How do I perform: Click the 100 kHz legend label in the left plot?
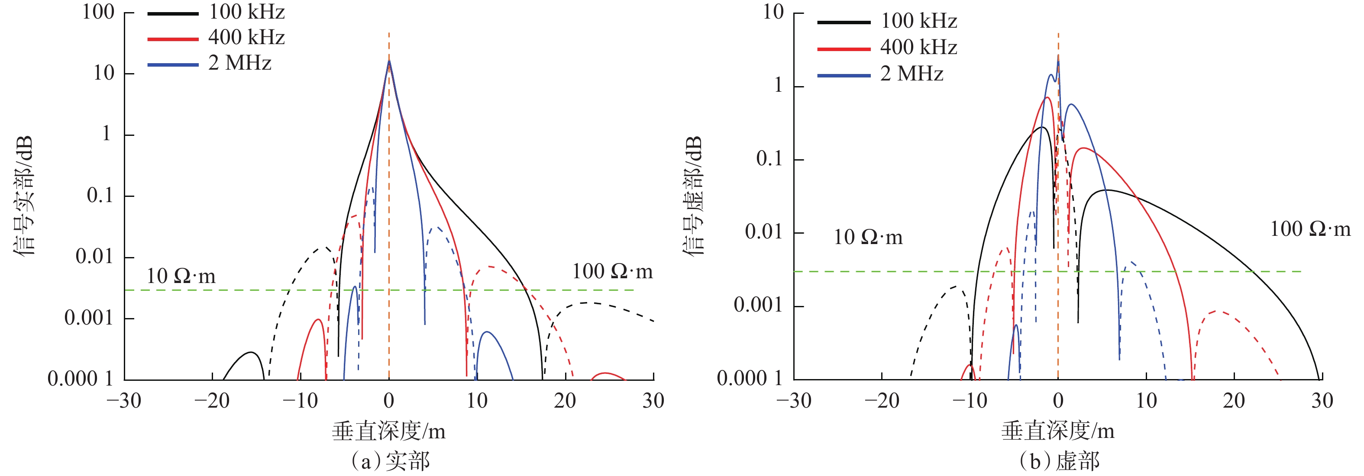coord(246,12)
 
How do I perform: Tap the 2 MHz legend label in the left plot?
coord(239,64)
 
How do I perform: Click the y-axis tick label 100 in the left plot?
coord(98,12)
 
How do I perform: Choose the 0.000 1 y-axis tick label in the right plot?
coord(749,378)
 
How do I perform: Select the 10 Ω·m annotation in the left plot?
coord(181,276)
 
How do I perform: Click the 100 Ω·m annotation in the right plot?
coord(1310,229)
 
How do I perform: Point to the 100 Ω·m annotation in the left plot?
coord(612,272)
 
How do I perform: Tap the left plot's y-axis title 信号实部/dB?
coord(24,196)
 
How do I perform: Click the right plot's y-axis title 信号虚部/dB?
coord(693,196)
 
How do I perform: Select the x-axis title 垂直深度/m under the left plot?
coord(389,431)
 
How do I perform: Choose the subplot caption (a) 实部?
coord(390,461)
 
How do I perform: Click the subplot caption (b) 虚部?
coord(1059,461)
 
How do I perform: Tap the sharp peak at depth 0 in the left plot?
coord(389,61)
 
